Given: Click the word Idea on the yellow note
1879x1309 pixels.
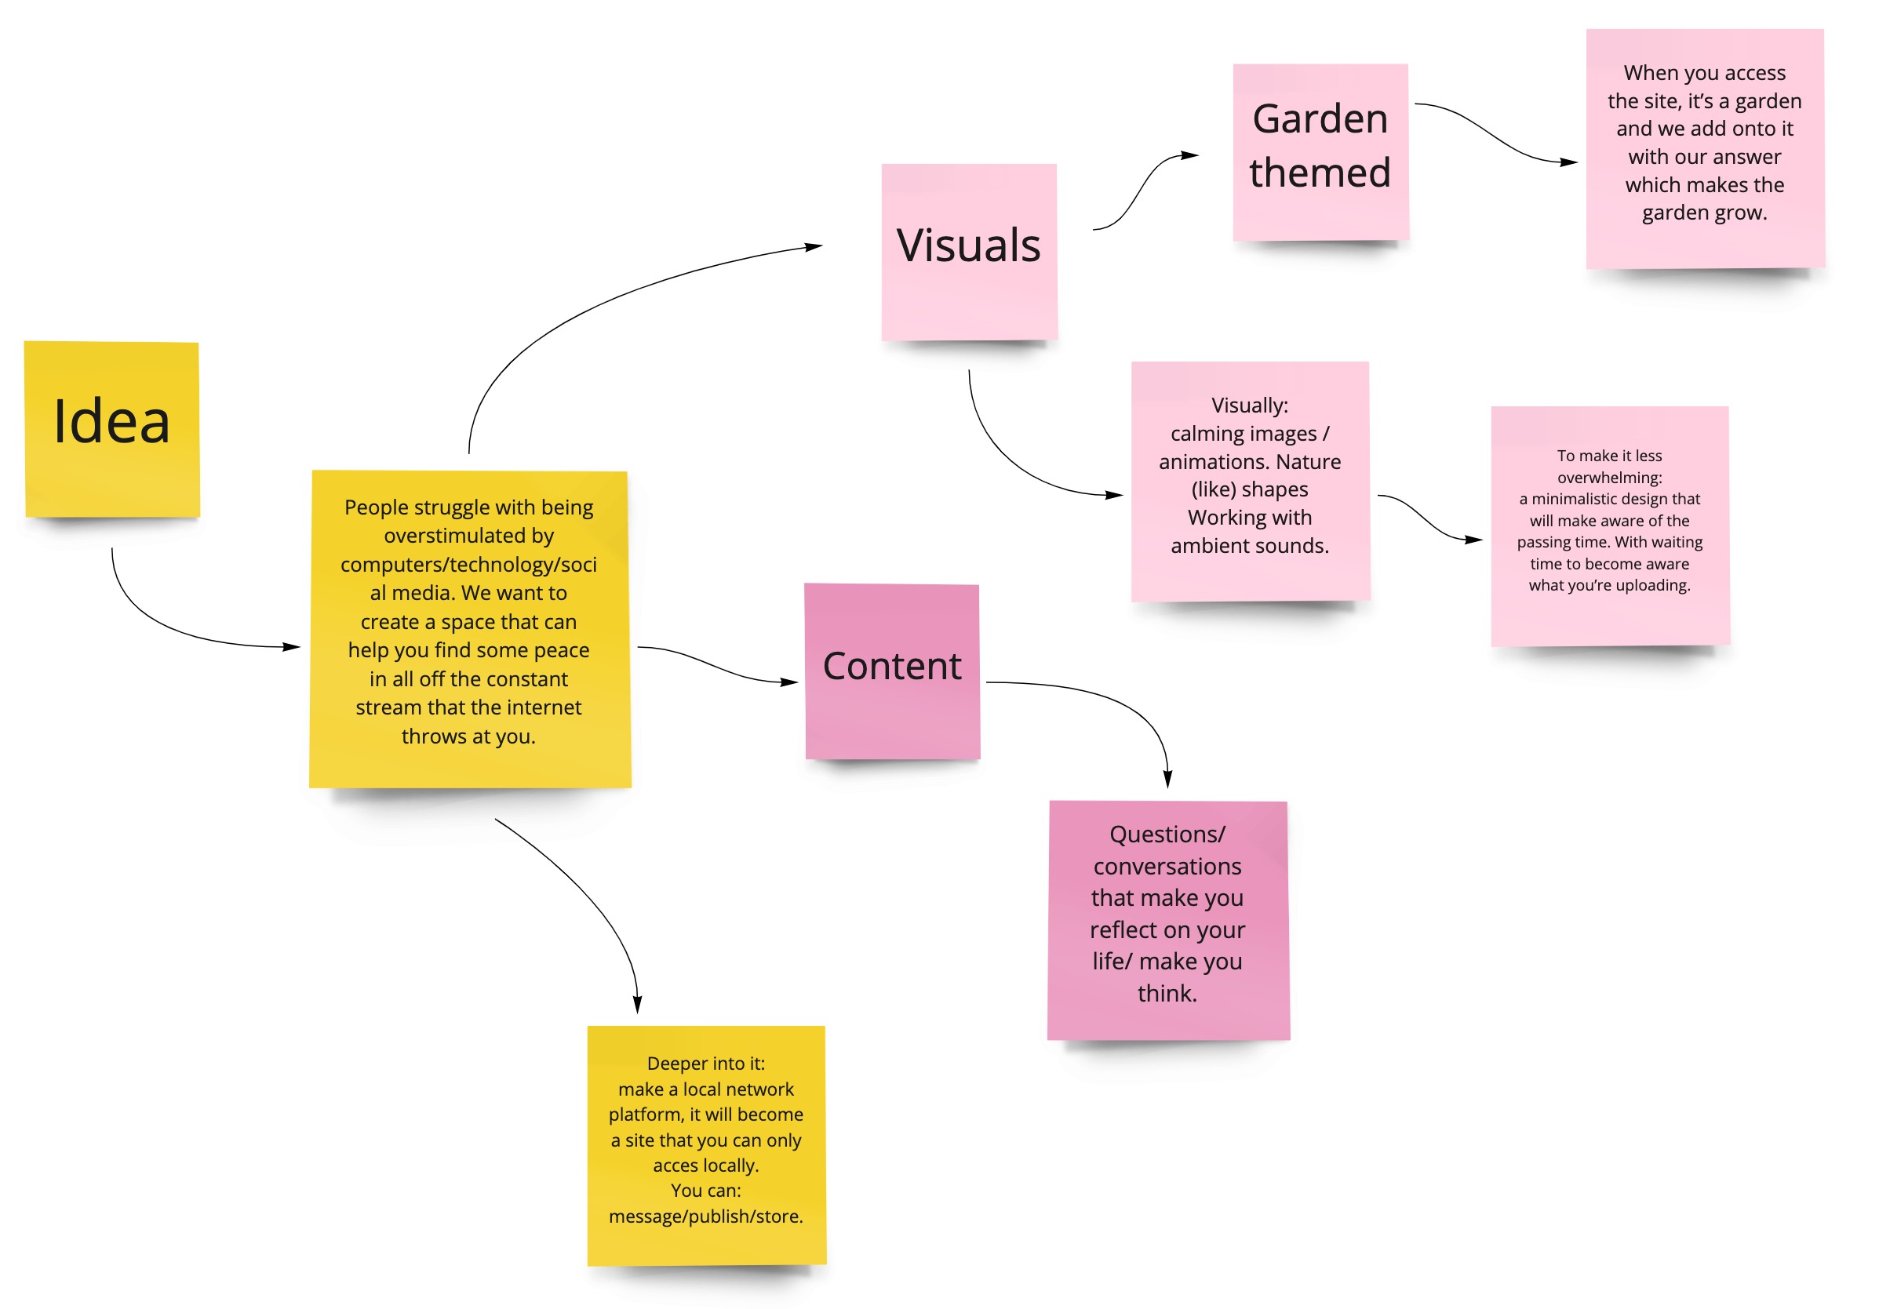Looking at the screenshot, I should pos(111,422).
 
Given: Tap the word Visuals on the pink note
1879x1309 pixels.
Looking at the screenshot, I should pos(968,245).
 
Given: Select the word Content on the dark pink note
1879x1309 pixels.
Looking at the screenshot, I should pos(891,666).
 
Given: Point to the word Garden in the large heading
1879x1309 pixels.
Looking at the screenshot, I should pos(1320,119).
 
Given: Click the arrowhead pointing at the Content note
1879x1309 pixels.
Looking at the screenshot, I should pos(789,682).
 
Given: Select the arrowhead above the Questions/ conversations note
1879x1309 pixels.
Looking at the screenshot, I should pos(1168,779).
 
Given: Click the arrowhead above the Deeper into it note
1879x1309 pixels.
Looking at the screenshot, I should pos(638,1004).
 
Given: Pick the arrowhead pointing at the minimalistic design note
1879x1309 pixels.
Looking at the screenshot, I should pos(1474,540).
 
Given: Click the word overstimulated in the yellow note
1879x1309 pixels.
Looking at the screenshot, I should pos(469,536).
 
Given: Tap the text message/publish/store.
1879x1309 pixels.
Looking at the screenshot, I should pos(705,1216).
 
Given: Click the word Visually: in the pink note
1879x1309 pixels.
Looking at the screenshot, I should pos(1249,405).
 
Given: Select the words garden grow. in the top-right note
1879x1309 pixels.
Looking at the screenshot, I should pos(1704,213).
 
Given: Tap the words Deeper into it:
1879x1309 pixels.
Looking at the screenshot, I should pos(705,1064).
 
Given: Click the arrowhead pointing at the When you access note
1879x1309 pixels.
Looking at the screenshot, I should pos(1569,162).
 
